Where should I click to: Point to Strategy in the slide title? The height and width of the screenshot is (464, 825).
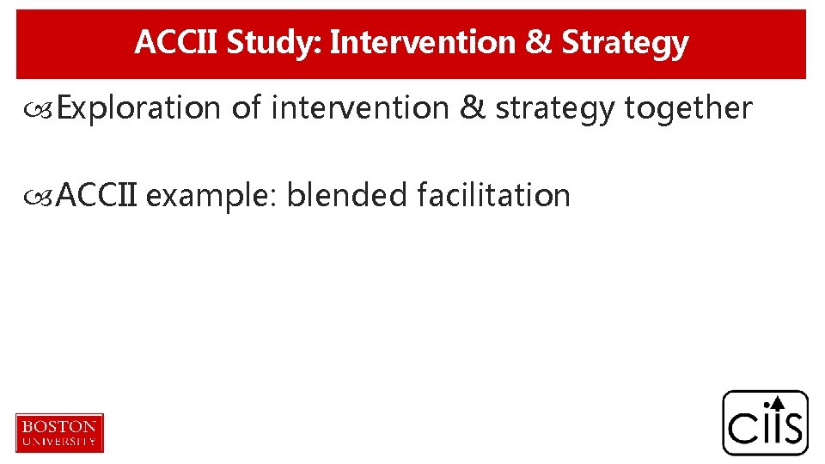point(625,42)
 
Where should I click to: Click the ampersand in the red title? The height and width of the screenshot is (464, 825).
point(540,42)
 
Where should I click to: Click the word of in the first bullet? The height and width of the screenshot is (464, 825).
point(247,108)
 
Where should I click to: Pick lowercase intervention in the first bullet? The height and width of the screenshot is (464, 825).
point(359,108)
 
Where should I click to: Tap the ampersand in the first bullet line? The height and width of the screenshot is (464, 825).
point(473,108)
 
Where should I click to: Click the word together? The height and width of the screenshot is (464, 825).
point(688,109)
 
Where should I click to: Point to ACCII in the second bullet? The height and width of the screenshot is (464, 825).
point(98,195)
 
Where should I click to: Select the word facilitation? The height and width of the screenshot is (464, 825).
point(493,195)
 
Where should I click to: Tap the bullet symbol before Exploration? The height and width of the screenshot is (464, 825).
point(45,110)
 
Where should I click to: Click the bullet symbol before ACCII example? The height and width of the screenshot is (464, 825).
point(45,197)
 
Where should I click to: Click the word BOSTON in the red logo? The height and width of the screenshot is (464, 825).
point(59,426)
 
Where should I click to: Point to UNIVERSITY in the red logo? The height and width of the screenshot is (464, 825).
point(59,441)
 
